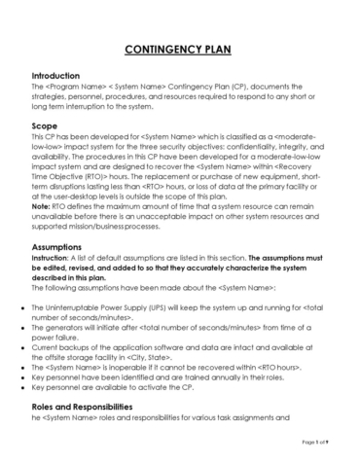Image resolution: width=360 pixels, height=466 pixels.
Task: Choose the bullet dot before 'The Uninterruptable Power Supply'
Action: [21, 308]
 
